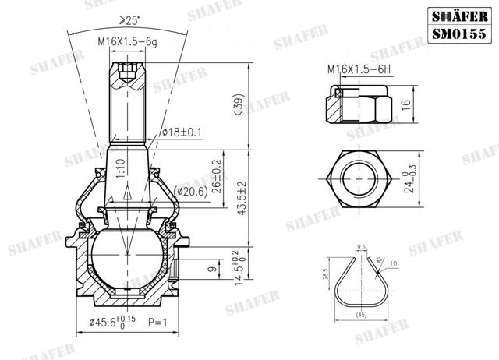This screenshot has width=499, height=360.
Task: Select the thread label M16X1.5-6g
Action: click(127, 42)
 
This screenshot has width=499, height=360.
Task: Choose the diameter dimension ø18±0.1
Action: click(182, 132)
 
